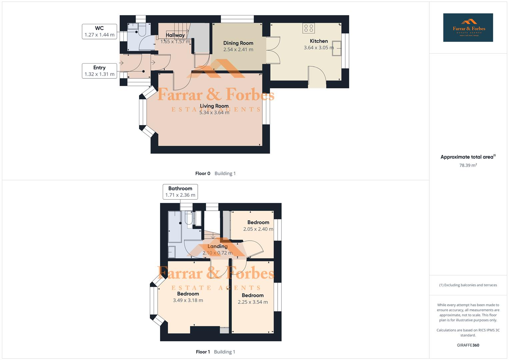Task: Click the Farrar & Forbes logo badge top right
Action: click(x=468, y=28)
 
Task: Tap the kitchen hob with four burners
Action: click(x=309, y=28)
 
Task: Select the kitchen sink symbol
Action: click(x=336, y=49)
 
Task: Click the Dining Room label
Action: click(x=238, y=43)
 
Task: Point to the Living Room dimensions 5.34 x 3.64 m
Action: click(x=214, y=113)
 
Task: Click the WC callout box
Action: click(x=99, y=32)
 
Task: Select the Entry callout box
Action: click(x=99, y=71)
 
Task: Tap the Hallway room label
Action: click(x=175, y=35)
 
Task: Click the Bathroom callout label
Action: click(x=180, y=192)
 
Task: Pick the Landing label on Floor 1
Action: click(x=217, y=246)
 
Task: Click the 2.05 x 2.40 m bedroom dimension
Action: click(x=258, y=229)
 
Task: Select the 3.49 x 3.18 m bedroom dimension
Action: click(x=188, y=300)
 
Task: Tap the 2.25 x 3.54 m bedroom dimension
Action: click(x=252, y=302)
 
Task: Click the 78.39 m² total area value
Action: click(x=468, y=165)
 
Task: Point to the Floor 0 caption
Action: click(x=203, y=173)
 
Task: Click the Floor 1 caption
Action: click(x=203, y=352)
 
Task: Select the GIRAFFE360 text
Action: click(x=468, y=345)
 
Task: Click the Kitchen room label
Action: click(x=319, y=41)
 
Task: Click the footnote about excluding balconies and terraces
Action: click(x=468, y=285)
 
